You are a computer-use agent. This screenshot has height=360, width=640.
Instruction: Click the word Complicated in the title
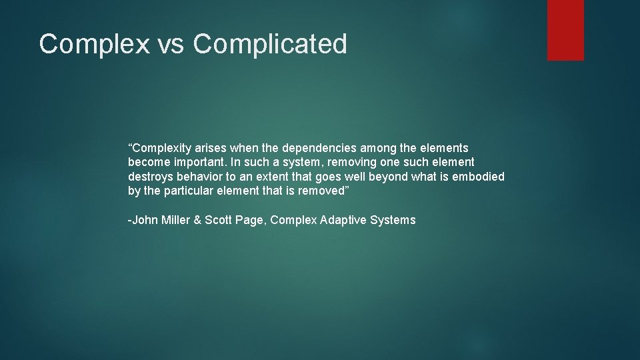[x=270, y=45]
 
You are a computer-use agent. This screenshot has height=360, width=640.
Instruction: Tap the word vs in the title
[x=172, y=45]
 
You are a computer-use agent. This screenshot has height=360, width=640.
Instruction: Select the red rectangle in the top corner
[x=565, y=30]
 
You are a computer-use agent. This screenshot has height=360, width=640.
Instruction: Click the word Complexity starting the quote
[x=159, y=148]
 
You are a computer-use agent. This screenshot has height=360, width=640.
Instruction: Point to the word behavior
[x=199, y=177]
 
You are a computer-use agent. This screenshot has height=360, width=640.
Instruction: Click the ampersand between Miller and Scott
[x=197, y=220]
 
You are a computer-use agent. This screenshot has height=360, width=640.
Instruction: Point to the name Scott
[x=219, y=220]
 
